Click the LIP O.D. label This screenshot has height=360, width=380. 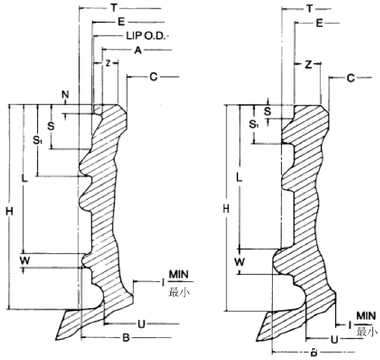[146, 36]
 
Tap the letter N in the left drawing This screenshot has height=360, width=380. [65, 95]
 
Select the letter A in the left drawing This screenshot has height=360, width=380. [138, 50]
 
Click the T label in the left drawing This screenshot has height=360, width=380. [114, 8]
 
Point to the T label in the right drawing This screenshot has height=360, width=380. [309, 9]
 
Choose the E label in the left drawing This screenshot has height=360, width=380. [121, 22]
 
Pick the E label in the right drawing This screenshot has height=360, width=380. [319, 24]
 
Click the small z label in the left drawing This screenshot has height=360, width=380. [108, 63]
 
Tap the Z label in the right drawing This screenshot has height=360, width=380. [308, 64]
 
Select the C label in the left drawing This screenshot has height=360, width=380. [154, 77]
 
